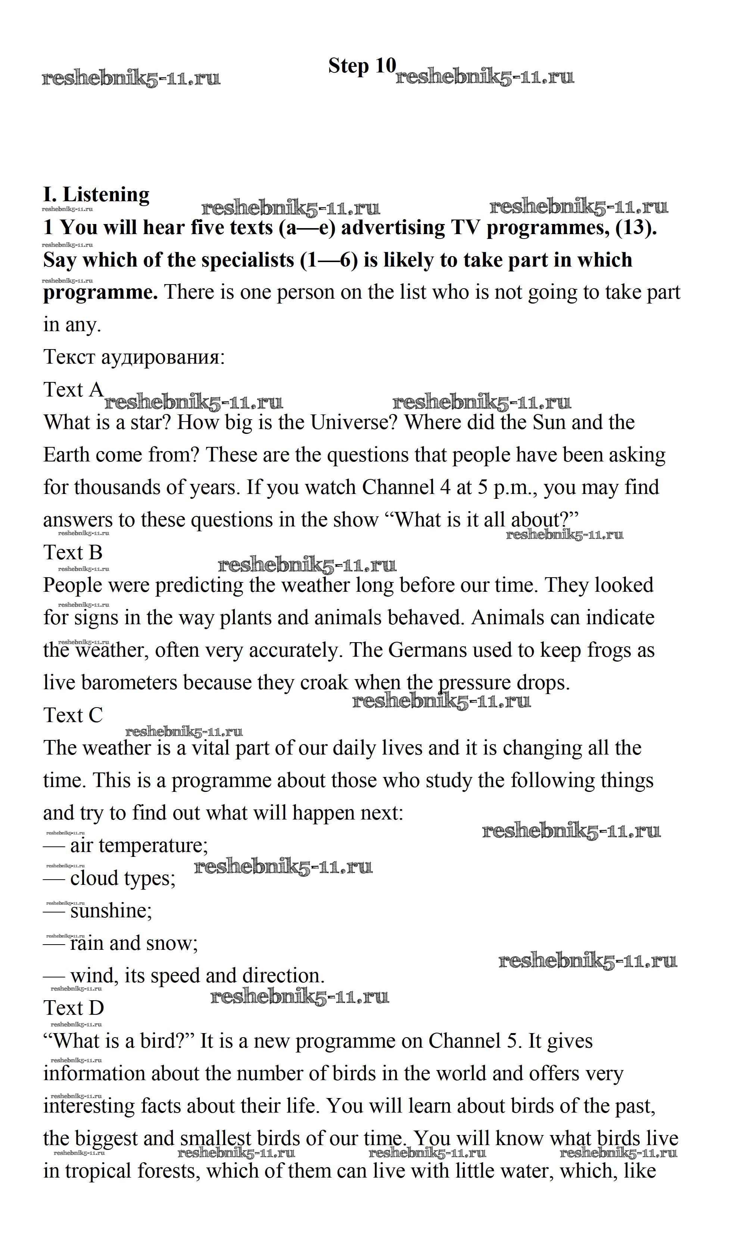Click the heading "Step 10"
362,66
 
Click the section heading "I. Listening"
96,195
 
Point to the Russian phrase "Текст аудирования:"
134,357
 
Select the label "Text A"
73,389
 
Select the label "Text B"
72,552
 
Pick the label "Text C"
73,715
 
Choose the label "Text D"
74,1007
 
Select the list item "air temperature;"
139,845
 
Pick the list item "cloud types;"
122,878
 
